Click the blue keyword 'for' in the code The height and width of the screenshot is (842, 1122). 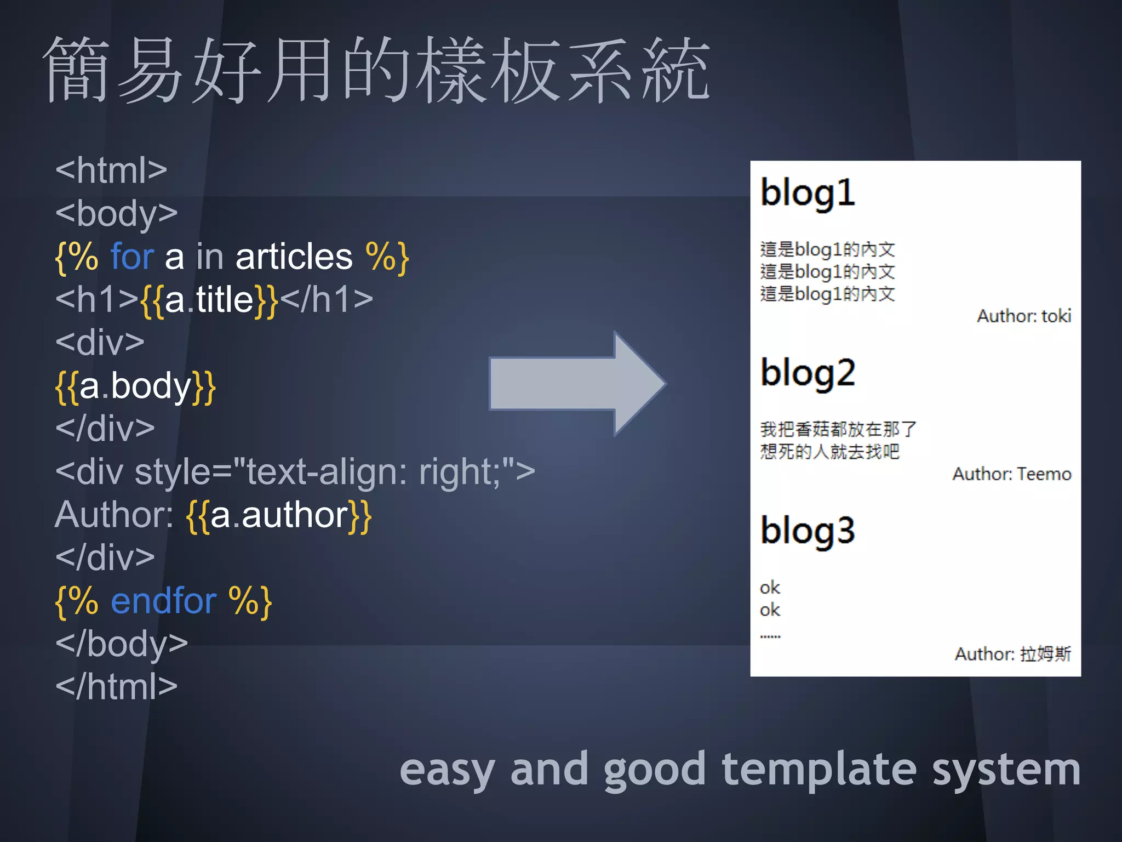coord(132,257)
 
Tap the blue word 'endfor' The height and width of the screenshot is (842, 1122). coord(163,601)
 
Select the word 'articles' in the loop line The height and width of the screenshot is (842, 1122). coord(294,257)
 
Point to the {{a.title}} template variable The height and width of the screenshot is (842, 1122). coord(210,300)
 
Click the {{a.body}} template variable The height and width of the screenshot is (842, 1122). coord(135,386)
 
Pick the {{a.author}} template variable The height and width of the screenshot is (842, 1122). coord(279,515)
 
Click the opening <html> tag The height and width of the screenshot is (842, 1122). coord(111,170)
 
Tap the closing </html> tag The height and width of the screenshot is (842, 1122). coord(116,686)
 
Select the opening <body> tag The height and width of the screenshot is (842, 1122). coord(116,214)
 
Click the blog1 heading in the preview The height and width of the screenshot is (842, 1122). coord(808,194)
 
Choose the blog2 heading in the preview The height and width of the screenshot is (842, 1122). coord(808,373)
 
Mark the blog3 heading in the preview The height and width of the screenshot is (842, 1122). coord(808,531)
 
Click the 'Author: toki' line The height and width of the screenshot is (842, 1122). coord(1023,316)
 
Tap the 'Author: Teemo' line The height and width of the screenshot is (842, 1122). coord(1011,474)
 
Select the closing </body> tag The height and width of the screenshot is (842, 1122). coord(121,644)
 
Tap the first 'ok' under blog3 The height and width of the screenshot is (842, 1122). coord(770,588)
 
